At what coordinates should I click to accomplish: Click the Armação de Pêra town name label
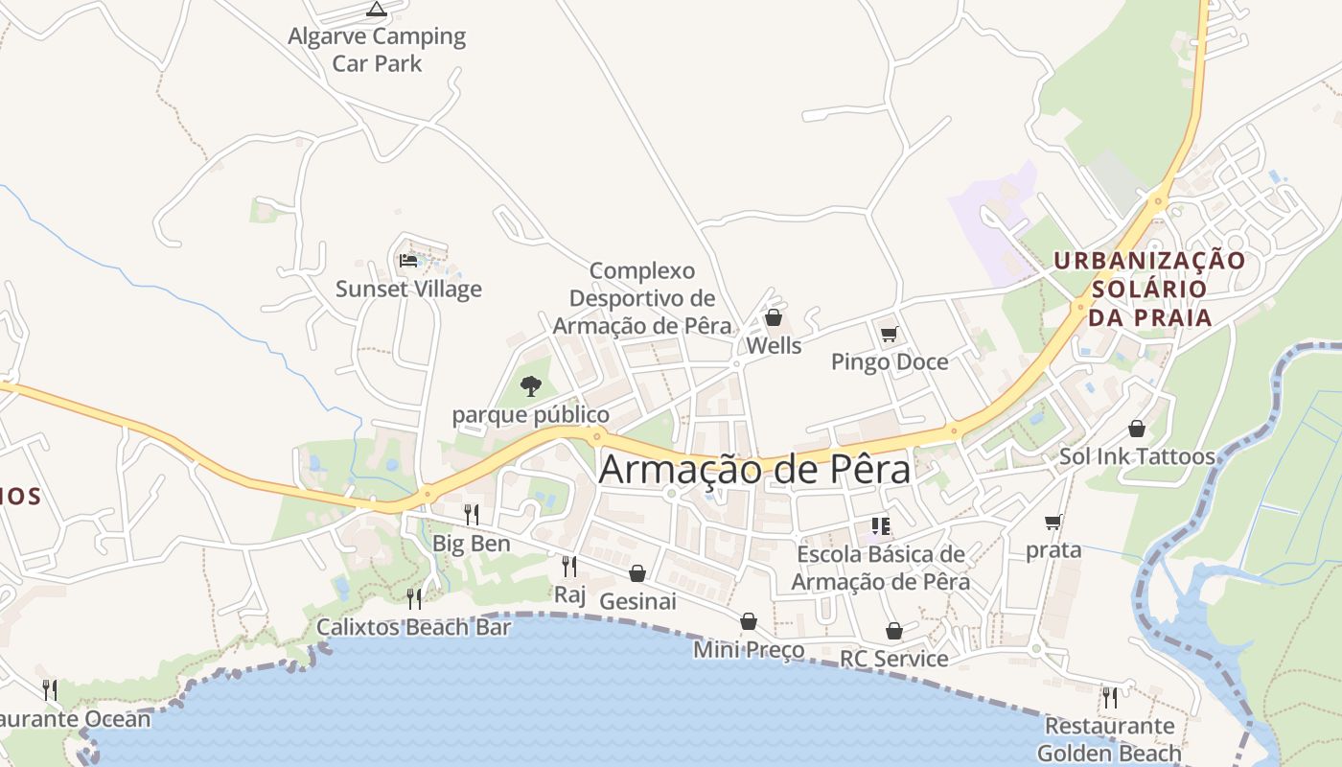click(x=755, y=470)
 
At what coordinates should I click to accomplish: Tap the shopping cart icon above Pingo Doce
click(x=889, y=335)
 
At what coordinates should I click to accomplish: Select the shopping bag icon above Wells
click(x=773, y=317)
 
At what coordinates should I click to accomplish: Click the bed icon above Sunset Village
click(x=408, y=260)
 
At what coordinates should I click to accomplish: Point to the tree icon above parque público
click(x=530, y=386)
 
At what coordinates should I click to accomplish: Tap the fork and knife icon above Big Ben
click(x=471, y=515)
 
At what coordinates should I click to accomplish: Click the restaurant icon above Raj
click(x=569, y=567)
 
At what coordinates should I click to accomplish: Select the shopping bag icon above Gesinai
click(x=637, y=573)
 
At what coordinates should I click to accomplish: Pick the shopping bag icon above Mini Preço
click(x=749, y=622)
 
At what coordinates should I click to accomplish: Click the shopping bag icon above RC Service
click(x=893, y=631)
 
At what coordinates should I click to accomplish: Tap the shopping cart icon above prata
click(x=1053, y=523)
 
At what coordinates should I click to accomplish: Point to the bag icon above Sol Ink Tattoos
click(x=1137, y=429)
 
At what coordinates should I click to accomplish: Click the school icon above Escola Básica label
click(x=881, y=525)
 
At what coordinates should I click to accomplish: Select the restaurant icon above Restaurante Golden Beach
click(x=1109, y=697)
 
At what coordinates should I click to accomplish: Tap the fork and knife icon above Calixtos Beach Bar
click(x=414, y=599)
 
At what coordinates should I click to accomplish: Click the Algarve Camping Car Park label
click(x=377, y=50)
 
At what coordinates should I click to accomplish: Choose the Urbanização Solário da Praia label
click(x=1149, y=289)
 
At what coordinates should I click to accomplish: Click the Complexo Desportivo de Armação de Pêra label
click(x=642, y=298)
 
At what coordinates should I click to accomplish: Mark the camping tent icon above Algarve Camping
click(x=377, y=10)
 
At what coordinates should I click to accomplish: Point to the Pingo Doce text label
click(x=890, y=362)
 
